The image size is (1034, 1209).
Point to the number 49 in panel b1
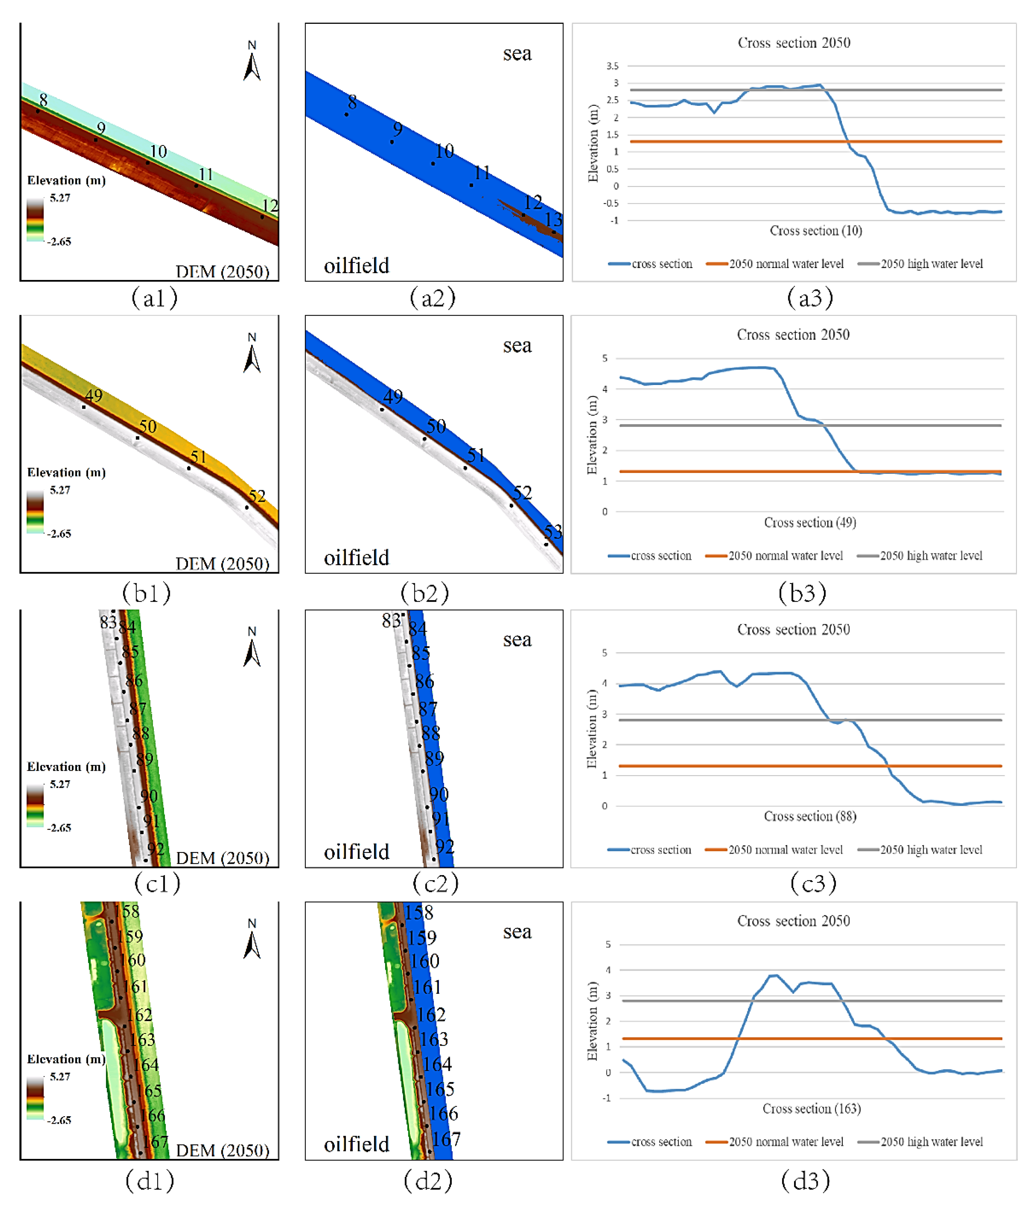click(x=94, y=395)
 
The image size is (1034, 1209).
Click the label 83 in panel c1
click(x=108, y=622)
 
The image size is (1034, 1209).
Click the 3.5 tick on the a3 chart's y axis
click(x=612, y=66)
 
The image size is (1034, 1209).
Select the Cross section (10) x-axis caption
click(x=816, y=231)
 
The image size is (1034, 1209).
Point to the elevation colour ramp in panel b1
click(x=35, y=511)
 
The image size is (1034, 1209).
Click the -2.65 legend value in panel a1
click(x=59, y=241)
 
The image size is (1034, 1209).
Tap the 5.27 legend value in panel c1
click(x=59, y=784)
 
